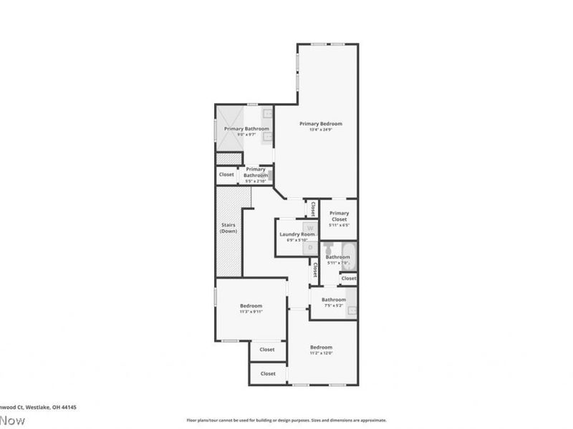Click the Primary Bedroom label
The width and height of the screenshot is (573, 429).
320,124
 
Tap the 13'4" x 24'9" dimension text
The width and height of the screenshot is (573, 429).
320,129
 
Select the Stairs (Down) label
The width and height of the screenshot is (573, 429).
228,228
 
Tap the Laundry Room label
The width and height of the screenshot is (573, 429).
297,235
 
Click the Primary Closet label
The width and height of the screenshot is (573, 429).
340,215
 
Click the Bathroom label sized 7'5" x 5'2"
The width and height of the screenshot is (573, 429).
334,300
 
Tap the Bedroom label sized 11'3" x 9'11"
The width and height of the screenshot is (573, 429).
251,306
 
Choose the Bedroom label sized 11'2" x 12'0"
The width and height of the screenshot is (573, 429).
321,347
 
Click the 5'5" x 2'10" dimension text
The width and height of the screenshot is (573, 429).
256,181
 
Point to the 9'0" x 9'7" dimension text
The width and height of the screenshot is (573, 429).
246,134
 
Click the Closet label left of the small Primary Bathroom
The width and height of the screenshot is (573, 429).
226,174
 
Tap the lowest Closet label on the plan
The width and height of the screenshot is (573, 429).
268,373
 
